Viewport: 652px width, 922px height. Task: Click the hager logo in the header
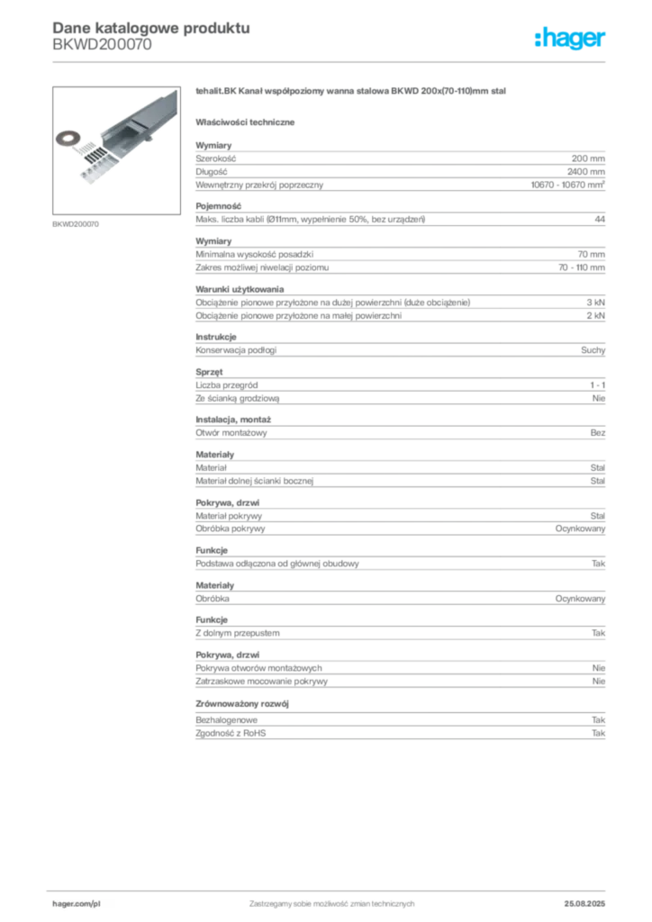tap(570, 39)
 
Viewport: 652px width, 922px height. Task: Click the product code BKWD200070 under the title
tap(102, 45)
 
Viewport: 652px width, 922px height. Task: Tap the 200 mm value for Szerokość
tap(588, 158)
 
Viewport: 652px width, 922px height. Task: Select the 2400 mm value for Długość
tap(585, 172)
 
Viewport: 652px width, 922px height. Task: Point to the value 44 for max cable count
tap(600, 220)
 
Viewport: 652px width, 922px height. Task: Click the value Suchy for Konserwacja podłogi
tap(593, 350)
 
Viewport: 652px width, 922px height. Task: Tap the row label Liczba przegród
tap(226, 385)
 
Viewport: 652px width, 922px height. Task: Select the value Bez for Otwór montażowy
tap(597, 433)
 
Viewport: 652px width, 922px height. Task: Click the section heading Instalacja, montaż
tap(233, 420)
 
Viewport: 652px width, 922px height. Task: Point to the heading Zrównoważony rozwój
tap(242, 704)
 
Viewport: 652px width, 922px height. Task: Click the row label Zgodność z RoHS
tap(231, 733)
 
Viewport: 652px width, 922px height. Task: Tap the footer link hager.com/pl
tap(77, 904)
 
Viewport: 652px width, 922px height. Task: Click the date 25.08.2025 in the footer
tap(584, 904)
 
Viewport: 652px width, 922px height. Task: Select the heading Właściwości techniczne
tap(245, 122)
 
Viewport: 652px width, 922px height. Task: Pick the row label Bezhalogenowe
tap(226, 720)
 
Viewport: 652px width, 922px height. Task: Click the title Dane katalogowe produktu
tap(151, 28)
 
